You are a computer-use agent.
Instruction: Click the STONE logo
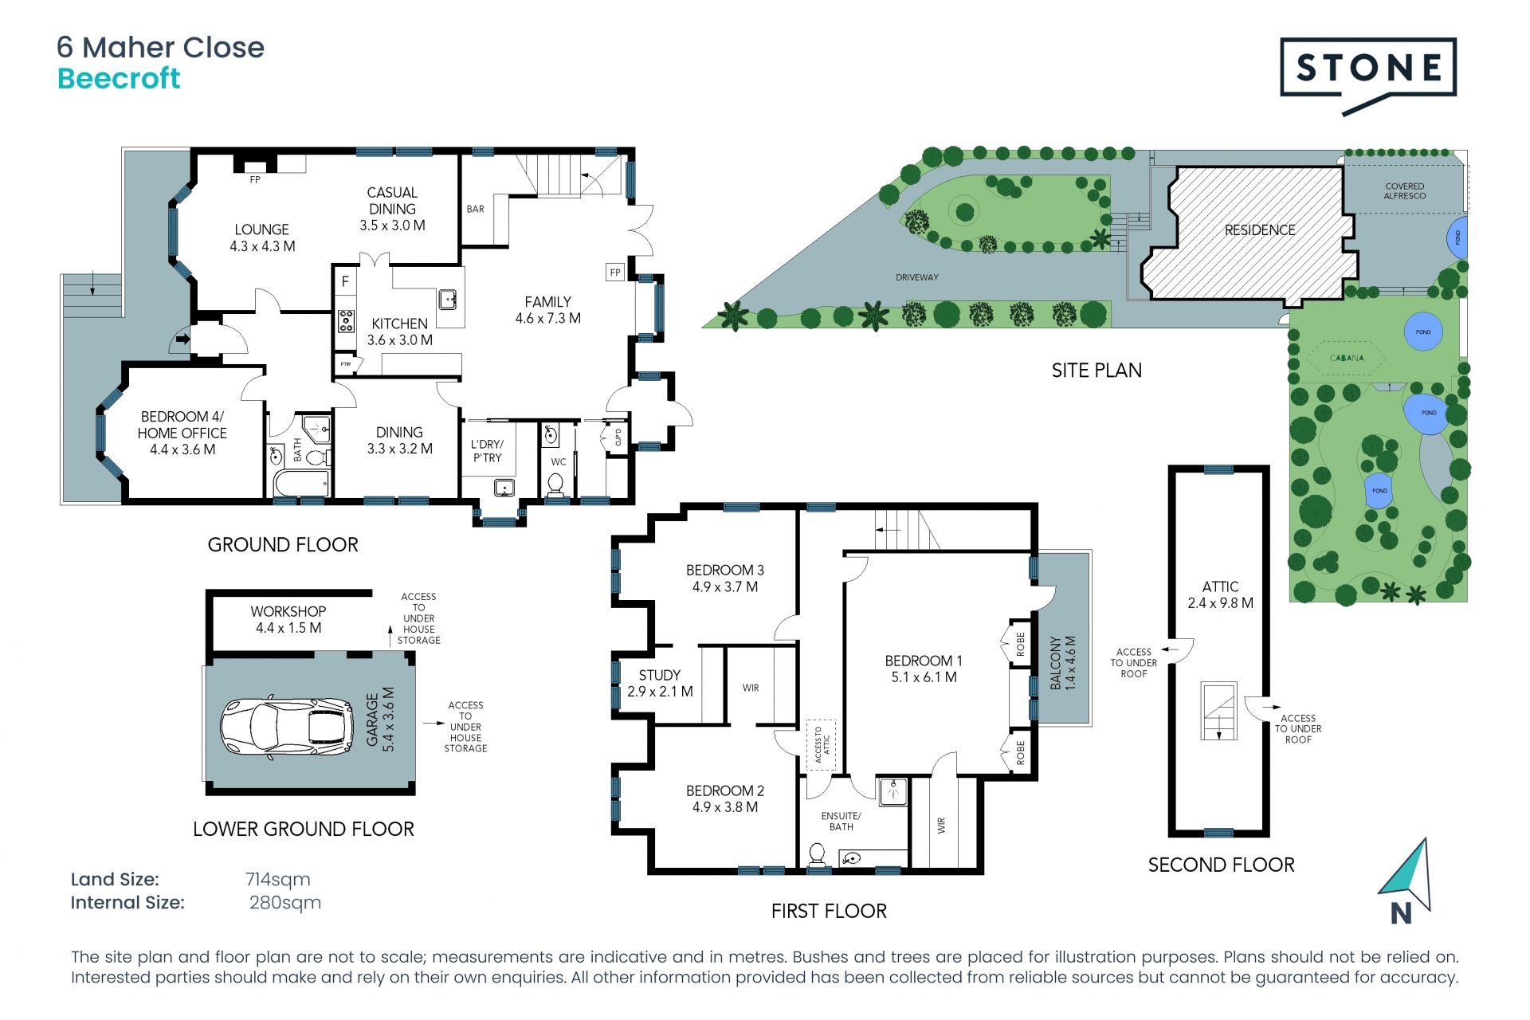pyautogui.click(x=1368, y=75)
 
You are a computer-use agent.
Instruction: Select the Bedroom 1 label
pyautogui.click(x=924, y=669)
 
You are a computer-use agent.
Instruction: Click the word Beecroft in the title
pyautogui.click(x=119, y=78)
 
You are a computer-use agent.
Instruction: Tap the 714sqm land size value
pyautogui.click(x=277, y=879)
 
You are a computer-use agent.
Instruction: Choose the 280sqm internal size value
pyautogui.click(x=284, y=902)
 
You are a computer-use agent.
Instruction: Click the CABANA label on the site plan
pyautogui.click(x=1347, y=358)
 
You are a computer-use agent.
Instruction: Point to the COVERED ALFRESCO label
pyautogui.click(x=1405, y=191)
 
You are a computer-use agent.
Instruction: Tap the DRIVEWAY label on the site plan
pyautogui.click(x=917, y=277)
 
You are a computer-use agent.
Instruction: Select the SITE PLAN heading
pyautogui.click(x=1096, y=370)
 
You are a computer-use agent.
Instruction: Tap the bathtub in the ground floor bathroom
pyautogui.click(x=301, y=483)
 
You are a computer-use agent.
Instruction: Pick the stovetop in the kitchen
pyautogui.click(x=346, y=320)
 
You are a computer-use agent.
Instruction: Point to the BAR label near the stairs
pyautogui.click(x=475, y=209)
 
